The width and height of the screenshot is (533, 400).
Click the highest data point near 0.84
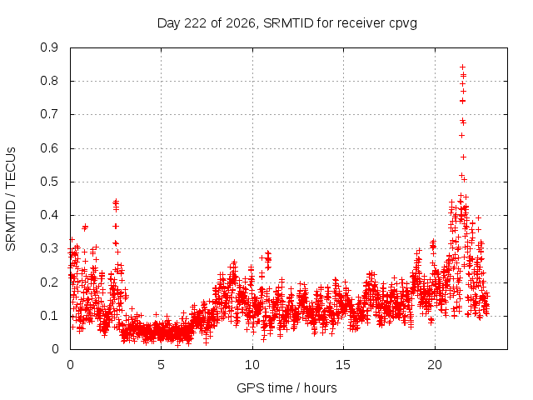[x=462, y=67]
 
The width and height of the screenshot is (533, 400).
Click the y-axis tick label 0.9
[x=49, y=47]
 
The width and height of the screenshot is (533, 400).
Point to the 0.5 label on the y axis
[x=49, y=182]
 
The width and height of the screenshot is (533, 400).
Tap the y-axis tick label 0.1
[x=49, y=316]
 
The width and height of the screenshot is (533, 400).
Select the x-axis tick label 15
[x=343, y=365]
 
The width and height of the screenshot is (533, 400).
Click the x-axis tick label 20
[x=435, y=365]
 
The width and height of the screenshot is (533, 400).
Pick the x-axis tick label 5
[x=161, y=365]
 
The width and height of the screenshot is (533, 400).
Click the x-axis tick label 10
[x=252, y=365]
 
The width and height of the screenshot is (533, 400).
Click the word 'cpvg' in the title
[x=403, y=23]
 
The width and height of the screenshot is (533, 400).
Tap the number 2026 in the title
[x=241, y=23]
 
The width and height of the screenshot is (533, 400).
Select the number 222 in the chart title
[x=195, y=23]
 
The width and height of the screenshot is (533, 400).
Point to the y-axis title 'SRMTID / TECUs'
[x=11, y=199]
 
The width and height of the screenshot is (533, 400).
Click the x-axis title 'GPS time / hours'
[x=286, y=387]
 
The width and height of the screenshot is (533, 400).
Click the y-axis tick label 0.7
[x=49, y=115]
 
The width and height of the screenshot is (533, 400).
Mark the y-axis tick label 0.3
[x=49, y=249]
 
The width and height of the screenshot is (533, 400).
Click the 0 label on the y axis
[x=55, y=349]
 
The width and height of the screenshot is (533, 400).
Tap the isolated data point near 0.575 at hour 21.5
[x=463, y=157]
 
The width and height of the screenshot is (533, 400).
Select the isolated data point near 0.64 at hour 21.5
[x=461, y=135]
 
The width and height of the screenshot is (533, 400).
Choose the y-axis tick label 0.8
[x=49, y=82]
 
